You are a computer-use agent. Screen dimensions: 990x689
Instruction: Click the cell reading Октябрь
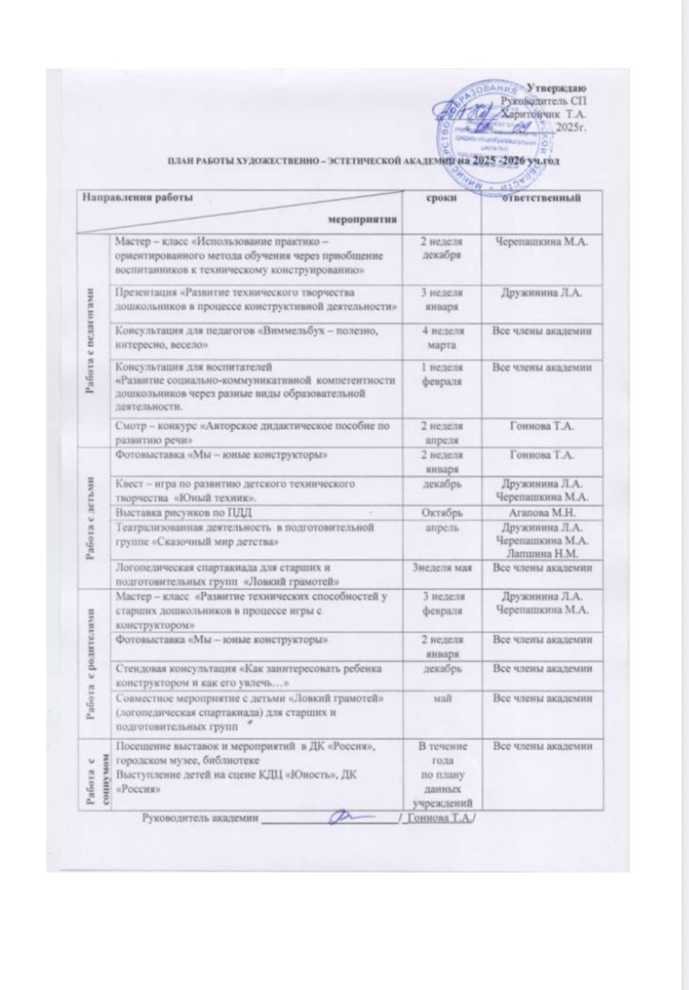(x=442, y=516)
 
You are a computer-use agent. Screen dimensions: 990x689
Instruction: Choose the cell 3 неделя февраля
(x=442, y=606)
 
